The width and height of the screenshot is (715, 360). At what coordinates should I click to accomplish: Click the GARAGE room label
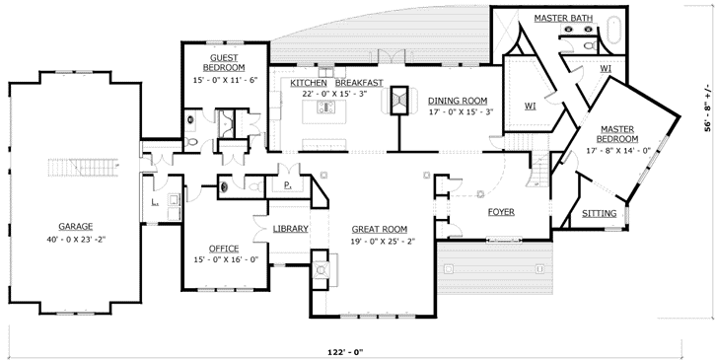tap(75, 225)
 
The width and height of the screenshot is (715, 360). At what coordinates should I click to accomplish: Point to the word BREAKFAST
tap(359, 82)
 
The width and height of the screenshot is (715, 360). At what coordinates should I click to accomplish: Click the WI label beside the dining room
tap(530, 104)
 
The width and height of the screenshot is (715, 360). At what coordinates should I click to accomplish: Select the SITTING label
tap(600, 213)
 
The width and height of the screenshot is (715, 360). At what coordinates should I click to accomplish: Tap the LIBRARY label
tap(291, 229)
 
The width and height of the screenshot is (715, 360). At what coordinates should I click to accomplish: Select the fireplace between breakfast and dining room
tap(400, 101)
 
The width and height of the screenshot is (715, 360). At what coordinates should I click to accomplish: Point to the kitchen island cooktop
tap(323, 108)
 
